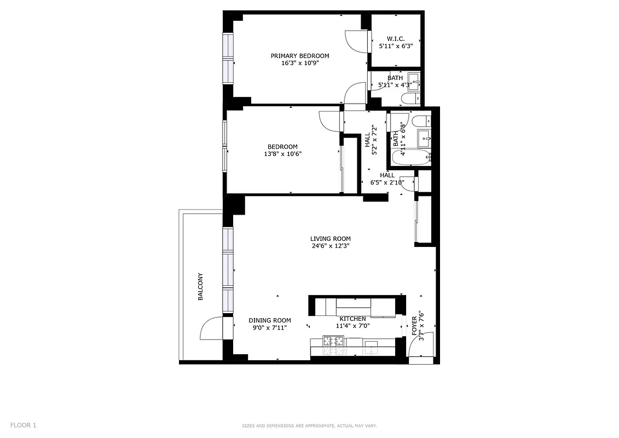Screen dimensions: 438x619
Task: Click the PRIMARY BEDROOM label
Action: pos(300,56)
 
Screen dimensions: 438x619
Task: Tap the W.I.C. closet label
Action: pos(395,39)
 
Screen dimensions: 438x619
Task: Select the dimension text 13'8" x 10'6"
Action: pos(282,154)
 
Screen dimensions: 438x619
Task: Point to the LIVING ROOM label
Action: pos(330,239)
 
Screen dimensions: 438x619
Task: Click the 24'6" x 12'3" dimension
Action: pos(330,246)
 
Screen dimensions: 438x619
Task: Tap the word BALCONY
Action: pos(200,286)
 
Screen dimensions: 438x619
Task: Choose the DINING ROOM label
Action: pos(269,320)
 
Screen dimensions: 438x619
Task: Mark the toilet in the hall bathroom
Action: pos(422,122)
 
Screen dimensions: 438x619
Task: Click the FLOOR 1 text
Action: pos(23,425)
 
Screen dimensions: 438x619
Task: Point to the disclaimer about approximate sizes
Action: pos(309,425)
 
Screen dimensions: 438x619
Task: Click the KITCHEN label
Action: pos(352,319)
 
